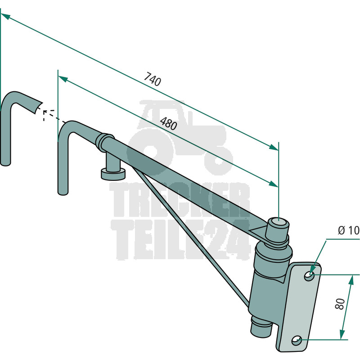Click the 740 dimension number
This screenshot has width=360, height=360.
pyautogui.click(x=153, y=79)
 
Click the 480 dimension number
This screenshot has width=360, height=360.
pyautogui.click(x=168, y=123)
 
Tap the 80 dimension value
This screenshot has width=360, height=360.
pyautogui.click(x=340, y=304)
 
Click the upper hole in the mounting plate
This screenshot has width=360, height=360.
pyautogui.click(x=309, y=276)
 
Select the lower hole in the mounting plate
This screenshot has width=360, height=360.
pyautogui.click(x=297, y=340)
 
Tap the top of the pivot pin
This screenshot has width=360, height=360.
pyautogui.click(x=279, y=223)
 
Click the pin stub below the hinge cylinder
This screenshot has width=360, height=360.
pyautogui.click(x=260, y=326)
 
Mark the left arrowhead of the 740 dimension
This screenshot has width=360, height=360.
pyautogui.click(x=5, y=16)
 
